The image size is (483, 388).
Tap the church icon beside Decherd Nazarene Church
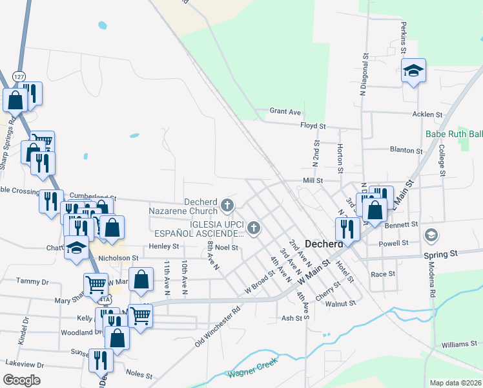point(227,206)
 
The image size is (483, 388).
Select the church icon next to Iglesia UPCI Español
point(254,228)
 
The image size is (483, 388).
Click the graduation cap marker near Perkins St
point(413,71)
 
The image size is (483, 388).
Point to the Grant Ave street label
point(285,111)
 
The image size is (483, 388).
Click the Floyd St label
point(313,125)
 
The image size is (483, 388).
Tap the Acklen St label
point(427,114)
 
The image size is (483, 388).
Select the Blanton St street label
point(406,150)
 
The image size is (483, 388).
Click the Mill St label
point(313,181)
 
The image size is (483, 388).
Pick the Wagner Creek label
point(251,373)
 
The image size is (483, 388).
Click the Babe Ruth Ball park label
point(454,135)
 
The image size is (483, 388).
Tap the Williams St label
point(460,344)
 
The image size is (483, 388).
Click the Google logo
point(21,380)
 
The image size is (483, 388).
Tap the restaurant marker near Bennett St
point(347,229)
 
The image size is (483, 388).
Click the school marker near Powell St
point(431,235)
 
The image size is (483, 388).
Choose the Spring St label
point(440,254)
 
